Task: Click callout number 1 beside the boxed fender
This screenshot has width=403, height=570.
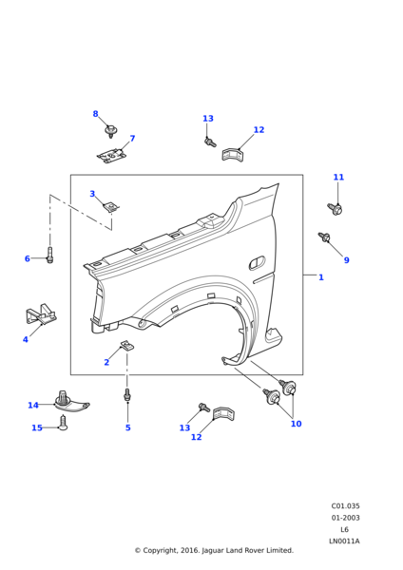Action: pyautogui.click(x=321, y=277)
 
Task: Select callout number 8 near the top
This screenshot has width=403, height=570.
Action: pyautogui.click(x=95, y=114)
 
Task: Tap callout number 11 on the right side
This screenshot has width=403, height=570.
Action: pyautogui.click(x=338, y=177)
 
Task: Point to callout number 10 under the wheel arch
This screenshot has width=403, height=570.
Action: pyautogui.click(x=296, y=424)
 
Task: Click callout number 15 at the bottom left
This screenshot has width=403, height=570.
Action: pyautogui.click(x=37, y=427)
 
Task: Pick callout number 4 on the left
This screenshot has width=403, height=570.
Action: pyautogui.click(x=25, y=339)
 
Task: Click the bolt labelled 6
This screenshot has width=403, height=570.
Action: pyautogui.click(x=49, y=255)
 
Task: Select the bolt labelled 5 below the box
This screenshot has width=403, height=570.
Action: pyautogui.click(x=127, y=395)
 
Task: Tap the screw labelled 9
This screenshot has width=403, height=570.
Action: pyautogui.click(x=324, y=237)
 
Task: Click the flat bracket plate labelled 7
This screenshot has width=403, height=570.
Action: pyautogui.click(x=111, y=156)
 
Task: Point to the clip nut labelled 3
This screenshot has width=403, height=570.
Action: pyautogui.click(x=111, y=207)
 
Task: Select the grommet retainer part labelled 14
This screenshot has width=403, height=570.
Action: pyautogui.click(x=71, y=402)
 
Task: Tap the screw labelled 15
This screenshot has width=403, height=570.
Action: pyautogui.click(x=63, y=423)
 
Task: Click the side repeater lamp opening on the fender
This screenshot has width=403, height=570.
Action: pyautogui.click(x=257, y=262)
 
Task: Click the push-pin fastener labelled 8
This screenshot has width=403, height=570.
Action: pyautogui.click(x=110, y=131)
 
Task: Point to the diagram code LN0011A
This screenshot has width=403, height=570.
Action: pyautogui.click(x=344, y=541)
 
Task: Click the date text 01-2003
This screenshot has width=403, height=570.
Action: pyautogui.click(x=345, y=518)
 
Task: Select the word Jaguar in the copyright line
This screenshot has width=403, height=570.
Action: pyautogui.click(x=213, y=550)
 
